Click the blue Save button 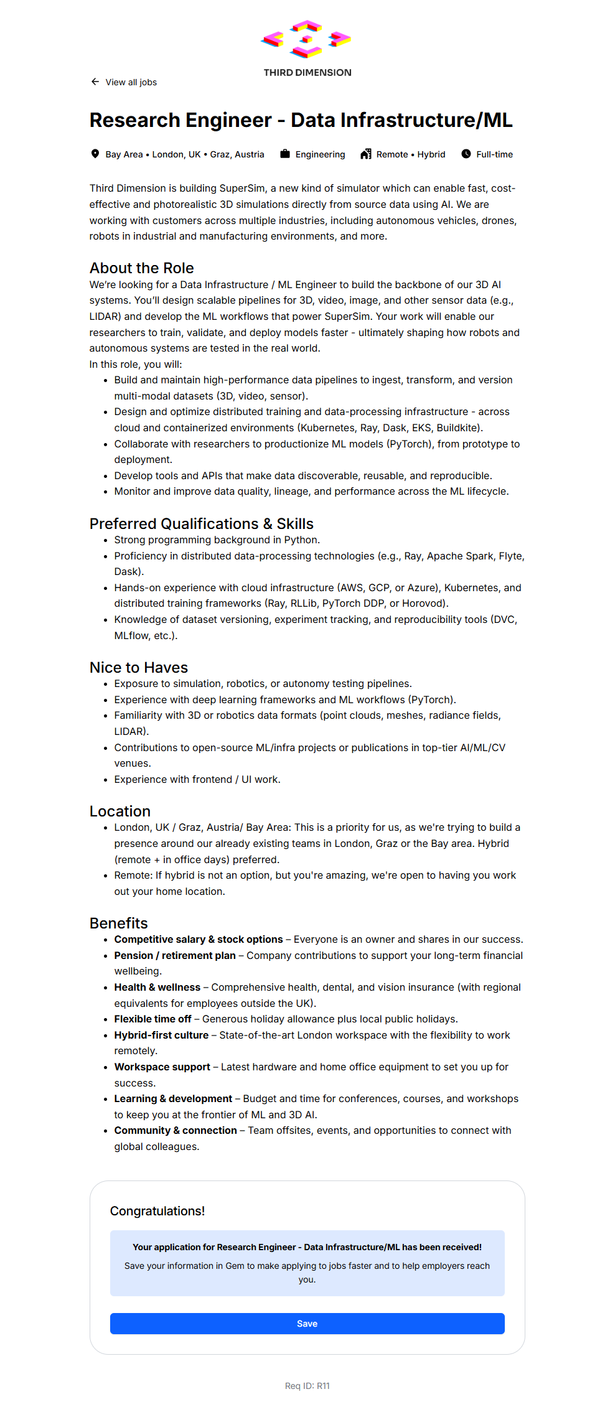tap(307, 1324)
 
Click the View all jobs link tap(131, 82)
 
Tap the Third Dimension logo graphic tap(306, 39)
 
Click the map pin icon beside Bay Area tap(95, 154)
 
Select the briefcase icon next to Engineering tap(285, 154)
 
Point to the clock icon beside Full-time tap(466, 154)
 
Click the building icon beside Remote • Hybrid tap(366, 154)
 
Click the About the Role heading tap(141, 268)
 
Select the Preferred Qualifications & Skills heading tap(201, 524)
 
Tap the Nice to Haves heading tap(138, 668)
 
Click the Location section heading tap(120, 811)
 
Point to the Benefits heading tap(118, 923)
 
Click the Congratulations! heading tap(157, 1211)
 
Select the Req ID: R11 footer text tap(307, 1386)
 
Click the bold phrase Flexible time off tap(152, 1019)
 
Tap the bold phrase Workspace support tap(162, 1067)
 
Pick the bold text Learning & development tap(173, 1099)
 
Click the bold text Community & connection tap(176, 1131)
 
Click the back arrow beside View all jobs tap(95, 82)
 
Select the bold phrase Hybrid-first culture tap(161, 1035)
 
